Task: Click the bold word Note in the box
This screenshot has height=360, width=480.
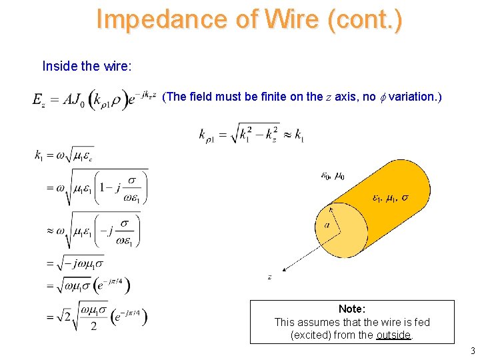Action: pos(351,309)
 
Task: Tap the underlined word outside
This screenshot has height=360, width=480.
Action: pos(393,335)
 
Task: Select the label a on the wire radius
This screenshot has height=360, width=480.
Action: pos(327,225)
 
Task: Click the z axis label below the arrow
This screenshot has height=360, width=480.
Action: pos(269,277)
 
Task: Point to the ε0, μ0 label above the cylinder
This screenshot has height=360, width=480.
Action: pos(333,176)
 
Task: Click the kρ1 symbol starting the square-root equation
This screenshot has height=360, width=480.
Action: pos(209,135)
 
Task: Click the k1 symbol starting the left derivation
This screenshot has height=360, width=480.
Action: pos(39,155)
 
